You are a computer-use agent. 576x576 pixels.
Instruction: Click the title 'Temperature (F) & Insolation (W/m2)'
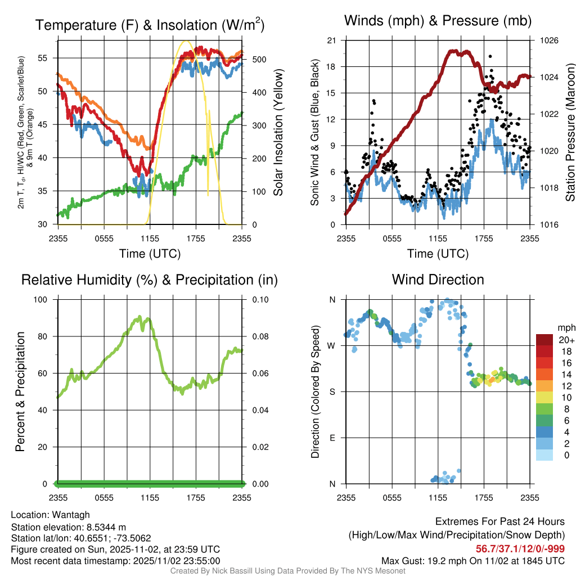pos(150,25)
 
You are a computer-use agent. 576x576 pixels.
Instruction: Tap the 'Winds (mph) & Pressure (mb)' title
pos(438,21)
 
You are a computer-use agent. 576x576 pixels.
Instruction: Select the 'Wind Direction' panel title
pos(438,280)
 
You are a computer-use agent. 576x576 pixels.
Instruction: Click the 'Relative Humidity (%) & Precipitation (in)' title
pos(150,280)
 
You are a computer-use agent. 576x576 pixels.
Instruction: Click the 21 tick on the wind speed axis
pos(332,40)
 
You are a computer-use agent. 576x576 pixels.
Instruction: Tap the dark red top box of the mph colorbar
pos(544,340)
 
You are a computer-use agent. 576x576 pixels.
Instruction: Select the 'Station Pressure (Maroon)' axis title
pos(570,132)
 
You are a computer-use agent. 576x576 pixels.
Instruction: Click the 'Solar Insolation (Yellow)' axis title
pos(278,132)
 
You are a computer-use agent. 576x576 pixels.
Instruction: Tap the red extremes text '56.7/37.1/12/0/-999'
pos(520,549)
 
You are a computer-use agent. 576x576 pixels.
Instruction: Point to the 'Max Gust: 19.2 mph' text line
pos(472,561)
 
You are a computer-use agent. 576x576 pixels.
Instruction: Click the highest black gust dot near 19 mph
pos(490,57)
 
